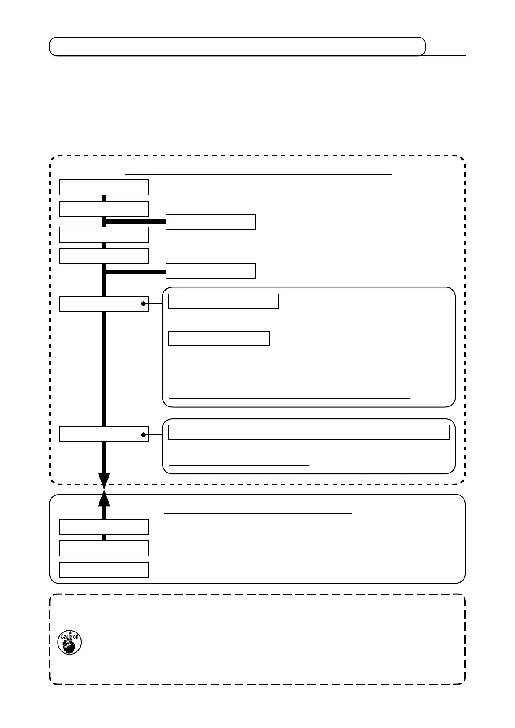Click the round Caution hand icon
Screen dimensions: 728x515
pyautogui.click(x=70, y=642)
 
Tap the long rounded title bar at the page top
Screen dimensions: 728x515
pyautogui.click(x=237, y=47)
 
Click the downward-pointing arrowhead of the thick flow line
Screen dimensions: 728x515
pyautogui.click(x=104, y=480)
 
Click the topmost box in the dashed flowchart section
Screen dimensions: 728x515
pyautogui.click(x=104, y=188)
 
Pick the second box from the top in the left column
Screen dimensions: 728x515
pyautogui.click(x=104, y=209)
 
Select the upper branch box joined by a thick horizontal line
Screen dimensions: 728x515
pyautogui.click(x=211, y=222)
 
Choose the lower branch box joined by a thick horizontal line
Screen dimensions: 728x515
pyautogui.click(x=211, y=271)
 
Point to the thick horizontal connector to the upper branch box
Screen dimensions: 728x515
pyautogui.click(x=136, y=221)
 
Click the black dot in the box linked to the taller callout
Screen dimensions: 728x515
pyautogui.click(x=143, y=303)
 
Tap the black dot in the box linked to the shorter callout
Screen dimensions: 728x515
pyautogui.click(x=143, y=434)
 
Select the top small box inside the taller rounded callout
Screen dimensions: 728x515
pyautogui.click(x=223, y=301)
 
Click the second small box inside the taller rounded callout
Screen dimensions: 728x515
pyautogui.click(x=219, y=338)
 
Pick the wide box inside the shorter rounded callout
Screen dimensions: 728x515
pyautogui.click(x=309, y=432)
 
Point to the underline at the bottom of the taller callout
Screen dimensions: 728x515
pyautogui.click(x=289, y=397)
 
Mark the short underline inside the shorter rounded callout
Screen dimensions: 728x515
pyautogui.click(x=239, y=465)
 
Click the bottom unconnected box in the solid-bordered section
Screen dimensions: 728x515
pyautogui.click(x=104, y=570)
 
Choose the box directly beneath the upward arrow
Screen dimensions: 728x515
pyautogui.click(x=104, y=527)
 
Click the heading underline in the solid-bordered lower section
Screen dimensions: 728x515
pyautogui.click(x=259, y=514)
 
